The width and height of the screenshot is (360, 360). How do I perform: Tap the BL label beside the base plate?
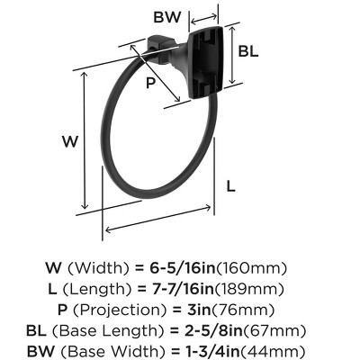(x=248, y=51)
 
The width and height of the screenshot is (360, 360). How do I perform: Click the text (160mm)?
(x=264, y=267)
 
